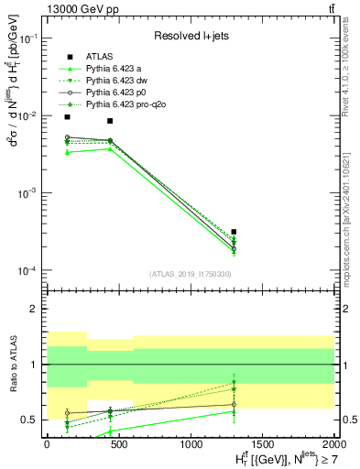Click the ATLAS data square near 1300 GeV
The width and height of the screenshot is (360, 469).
click(235, 232)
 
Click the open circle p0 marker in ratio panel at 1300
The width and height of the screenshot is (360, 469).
click(235, 404)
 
